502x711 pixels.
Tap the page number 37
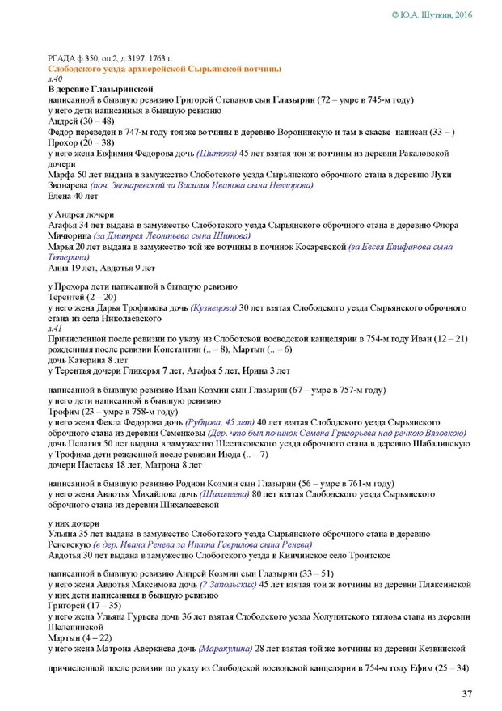pos(467,693)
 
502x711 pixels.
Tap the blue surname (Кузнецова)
pos(216,308)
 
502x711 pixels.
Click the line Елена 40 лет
pos(73,196)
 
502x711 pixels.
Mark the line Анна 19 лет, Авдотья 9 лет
pos(101,267)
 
